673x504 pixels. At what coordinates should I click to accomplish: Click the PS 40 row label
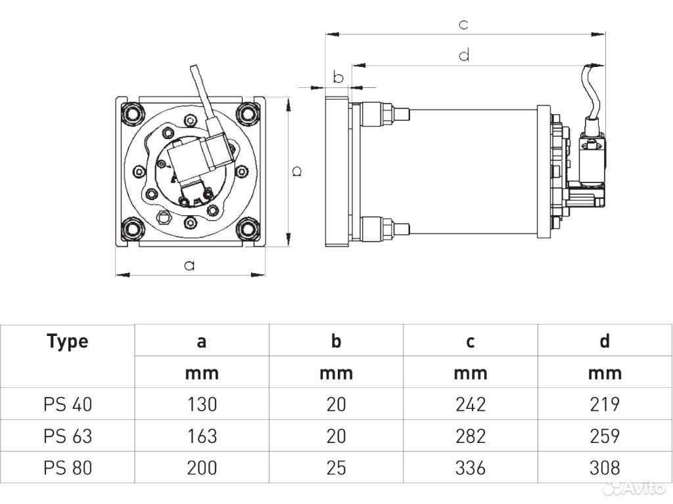tap(68, 404)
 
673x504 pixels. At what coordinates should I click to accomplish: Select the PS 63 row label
tap(68, 436)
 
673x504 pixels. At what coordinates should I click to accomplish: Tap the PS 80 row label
tap(68, 468)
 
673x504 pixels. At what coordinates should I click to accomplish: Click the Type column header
tap(68, 341)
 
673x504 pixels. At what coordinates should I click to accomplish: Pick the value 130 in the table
tap(202, 404)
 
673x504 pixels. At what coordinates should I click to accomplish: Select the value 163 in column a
tap(202, 436)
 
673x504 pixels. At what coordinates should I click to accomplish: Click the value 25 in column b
tap(336, 468)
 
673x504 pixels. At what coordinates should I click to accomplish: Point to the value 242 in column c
tap(471, 404)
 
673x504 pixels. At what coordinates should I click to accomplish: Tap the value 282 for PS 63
tap(471, 436)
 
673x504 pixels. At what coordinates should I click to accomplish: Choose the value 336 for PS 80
tap(471, 468)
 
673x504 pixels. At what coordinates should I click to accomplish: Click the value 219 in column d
tap(605, 404)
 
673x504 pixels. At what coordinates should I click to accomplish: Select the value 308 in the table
tap(605, 468)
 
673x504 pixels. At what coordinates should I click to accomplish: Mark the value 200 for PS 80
tap(202, 468)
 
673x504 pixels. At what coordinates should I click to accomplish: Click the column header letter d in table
tap(605, 341)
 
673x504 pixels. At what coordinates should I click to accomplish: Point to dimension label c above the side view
tap(463, 25)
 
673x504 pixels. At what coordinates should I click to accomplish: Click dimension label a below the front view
tap(189, 266)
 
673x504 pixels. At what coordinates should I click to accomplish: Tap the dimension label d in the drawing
tap(464, 55)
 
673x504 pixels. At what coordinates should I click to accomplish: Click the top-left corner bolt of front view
tap(133, 114)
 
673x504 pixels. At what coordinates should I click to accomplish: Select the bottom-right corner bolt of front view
tap(248, 229)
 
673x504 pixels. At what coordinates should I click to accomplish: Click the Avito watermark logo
tap(634, 487)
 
